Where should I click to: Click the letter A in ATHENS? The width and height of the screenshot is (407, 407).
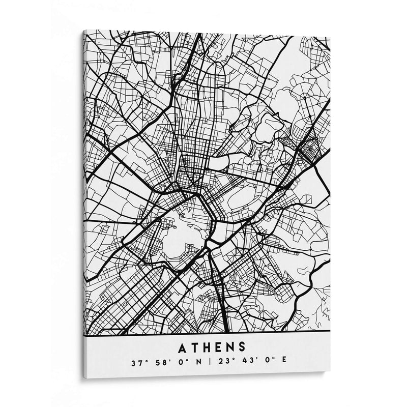point(183,347)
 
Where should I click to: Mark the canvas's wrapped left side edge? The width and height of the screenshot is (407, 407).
point(82,203)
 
